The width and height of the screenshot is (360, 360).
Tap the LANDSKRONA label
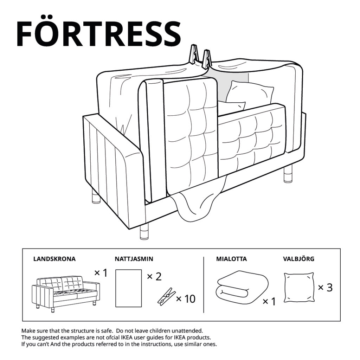(x=54, y=259)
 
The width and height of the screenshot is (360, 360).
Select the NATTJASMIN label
(x=134, y=259)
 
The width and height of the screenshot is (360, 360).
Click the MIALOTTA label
(x=231, y=259)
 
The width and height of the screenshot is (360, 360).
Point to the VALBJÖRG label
(x=298, y=259)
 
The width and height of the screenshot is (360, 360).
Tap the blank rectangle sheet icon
(x=128, y=288)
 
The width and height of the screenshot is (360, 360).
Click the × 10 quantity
(x=185, y=299)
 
